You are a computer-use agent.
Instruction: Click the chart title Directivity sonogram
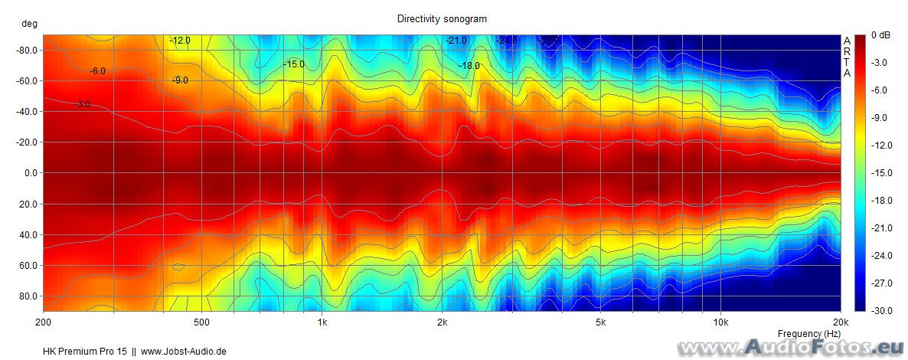(442, 18)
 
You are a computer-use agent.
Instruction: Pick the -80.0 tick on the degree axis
(28, 51)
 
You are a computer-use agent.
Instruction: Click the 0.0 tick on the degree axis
(31, 173)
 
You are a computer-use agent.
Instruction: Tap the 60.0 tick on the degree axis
(29, 265)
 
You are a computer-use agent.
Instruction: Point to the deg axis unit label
(29, 24)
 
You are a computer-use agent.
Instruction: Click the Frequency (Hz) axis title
(808, 334)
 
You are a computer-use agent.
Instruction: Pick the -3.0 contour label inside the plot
(83, 104)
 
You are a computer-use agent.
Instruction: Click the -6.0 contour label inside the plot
(97, 71)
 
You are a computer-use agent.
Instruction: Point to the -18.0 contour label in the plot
(469, 66)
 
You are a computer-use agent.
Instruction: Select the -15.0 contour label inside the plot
(293, 64)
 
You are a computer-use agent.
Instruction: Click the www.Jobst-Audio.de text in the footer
(184, 352)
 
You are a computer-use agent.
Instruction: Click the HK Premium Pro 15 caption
(84, 352)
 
